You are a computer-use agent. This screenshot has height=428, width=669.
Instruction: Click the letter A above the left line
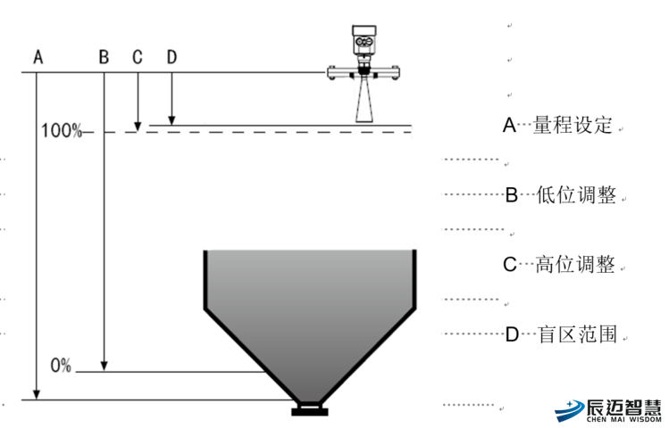point(38,57)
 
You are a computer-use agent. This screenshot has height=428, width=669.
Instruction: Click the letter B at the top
point(104,57)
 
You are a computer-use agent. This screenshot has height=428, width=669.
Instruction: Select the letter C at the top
point(138,57)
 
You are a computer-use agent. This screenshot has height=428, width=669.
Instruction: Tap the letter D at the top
point(171,57)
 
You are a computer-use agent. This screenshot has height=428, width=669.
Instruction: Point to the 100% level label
point(61,132)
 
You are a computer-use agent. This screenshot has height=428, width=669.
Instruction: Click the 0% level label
point(61,366)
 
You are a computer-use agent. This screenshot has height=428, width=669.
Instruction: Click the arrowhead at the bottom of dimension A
point(36,396)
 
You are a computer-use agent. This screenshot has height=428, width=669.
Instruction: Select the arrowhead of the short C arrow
point(138,126)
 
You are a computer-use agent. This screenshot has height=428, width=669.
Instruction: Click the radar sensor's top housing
point(365,39)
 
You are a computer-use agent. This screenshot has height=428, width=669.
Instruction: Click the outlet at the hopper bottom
point(310,410)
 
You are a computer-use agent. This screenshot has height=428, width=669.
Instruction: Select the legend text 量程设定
point(573,126)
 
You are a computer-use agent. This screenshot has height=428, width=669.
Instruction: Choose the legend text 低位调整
point(576,195)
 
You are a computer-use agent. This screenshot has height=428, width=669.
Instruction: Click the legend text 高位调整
point(576,265)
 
